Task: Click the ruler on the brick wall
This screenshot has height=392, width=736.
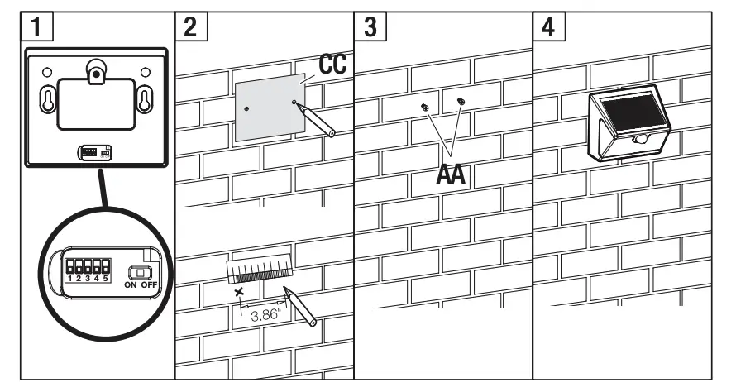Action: [x=259, y=270]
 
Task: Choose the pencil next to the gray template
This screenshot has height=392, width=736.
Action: [x=318, y=119]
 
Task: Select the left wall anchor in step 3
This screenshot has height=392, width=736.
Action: [x=424, y=107]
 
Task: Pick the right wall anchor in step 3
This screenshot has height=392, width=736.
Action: [x=461, y=102]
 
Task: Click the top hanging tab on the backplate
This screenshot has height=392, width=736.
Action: [x=97, y=73]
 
